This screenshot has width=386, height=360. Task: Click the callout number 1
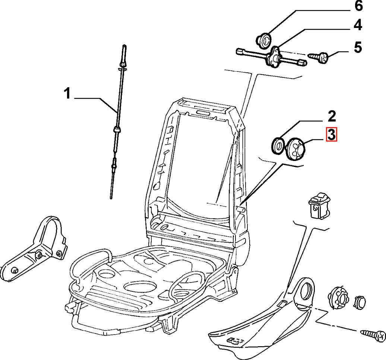[67, 94]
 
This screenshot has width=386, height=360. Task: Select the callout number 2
[332, 116]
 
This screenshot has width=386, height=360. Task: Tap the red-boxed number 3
[332, 135]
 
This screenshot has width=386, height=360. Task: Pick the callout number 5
[358, 47]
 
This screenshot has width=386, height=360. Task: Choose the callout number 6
[359, 6]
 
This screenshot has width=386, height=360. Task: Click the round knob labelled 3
[295, 149]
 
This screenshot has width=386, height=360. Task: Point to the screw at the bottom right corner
[373, 335]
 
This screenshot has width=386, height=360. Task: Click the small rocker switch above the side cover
[319, 206]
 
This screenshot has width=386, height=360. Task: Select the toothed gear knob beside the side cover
[339, 297]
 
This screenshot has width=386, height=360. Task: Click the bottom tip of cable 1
[111, 198]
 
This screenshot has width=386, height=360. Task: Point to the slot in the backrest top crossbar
[203, 113]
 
